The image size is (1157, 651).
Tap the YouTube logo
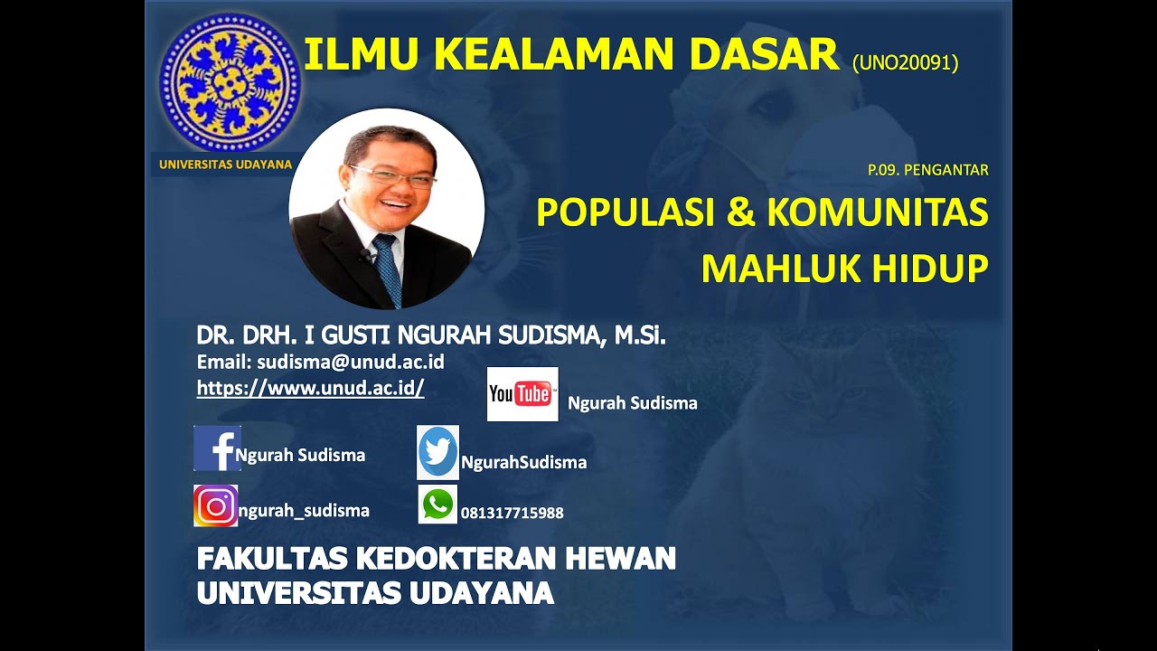[x=522, y=394]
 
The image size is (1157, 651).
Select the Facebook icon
[x=217, y=448]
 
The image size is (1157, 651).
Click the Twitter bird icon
[x=437, y=452]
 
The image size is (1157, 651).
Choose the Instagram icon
[x=215, y=505]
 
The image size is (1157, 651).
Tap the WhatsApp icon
[x=437, y=505]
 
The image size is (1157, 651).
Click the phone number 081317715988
[x=513, y=513]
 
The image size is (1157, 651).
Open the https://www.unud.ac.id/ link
[x=310, y=388]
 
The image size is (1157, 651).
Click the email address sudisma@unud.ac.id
[x=350, y=363]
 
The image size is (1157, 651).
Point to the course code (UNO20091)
[x=905, y=62]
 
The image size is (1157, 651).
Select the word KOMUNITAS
[x=877, y=212]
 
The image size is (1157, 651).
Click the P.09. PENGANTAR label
[x=927, y=169]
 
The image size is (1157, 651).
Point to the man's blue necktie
[x=388, y=266]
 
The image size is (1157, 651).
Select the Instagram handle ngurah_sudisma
[x=304, y=511]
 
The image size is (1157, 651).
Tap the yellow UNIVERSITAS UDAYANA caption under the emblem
[x=225, y=165]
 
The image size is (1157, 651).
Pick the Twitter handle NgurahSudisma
[x=524, y=462]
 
